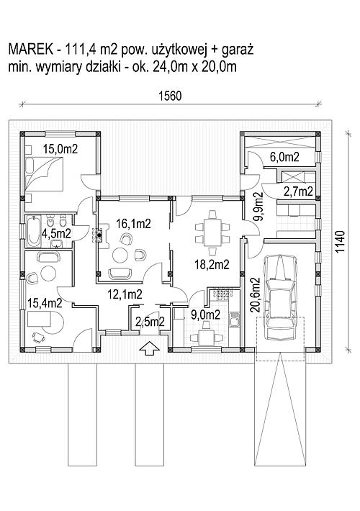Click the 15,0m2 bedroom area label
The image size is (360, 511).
(60, 149)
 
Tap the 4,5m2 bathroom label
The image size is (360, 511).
(57, 233)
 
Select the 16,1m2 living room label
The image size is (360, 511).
(133, 224)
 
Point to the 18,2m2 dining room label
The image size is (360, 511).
(212, 264)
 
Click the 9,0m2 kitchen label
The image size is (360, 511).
(205, 315)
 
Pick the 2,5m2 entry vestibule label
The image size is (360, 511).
(150, 322)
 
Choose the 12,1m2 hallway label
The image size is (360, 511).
(125, 294)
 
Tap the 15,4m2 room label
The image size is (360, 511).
(45, 303)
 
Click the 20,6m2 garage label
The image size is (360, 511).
(256, 295)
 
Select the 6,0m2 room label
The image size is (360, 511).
(284, 157)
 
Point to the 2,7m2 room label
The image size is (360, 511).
(298, 191)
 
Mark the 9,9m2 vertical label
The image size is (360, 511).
(258, 207)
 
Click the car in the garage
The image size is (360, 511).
(281, 297)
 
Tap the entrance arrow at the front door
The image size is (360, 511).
(149, 348)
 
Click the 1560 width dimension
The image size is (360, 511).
(170, 96)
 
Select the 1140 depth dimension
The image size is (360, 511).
(339, 242)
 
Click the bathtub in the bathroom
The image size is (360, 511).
(34, 231)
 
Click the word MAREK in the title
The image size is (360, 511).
(30, 50)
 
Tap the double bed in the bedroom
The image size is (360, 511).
(44, 173)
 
